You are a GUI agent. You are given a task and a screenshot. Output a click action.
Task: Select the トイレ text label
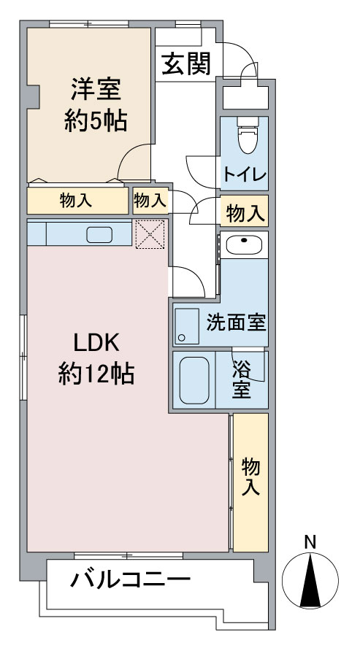(x=245, y=176)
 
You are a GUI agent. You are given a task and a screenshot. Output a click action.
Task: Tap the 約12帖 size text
(x=95, y=374)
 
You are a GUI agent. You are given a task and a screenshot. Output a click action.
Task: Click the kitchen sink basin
(x=99, y=235)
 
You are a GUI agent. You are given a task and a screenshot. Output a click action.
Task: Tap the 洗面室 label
(x=235, y=322)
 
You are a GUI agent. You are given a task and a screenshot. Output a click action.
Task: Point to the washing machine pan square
(x=187, y=326)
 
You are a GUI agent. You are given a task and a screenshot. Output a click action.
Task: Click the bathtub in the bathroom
(x=194, y=379)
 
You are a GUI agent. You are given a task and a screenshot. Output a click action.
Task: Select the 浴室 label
(x=242, y=379)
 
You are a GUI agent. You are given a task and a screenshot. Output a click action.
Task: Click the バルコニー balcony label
(x=131, y=581)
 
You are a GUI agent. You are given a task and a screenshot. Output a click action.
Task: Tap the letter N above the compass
(x=310, y=542)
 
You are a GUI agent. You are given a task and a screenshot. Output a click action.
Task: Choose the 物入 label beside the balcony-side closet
(x=250, y=477)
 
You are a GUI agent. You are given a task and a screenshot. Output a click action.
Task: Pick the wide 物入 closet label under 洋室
(x=76, y=200)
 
